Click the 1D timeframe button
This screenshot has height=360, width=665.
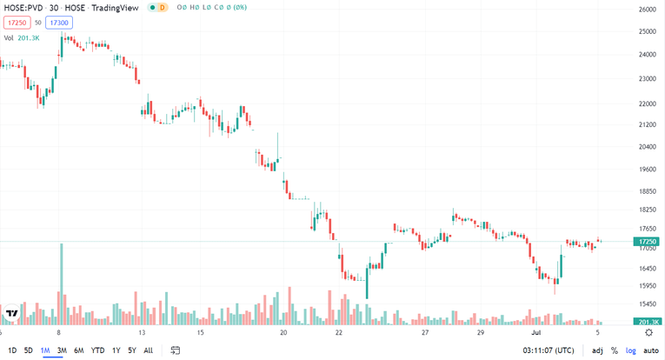point(12,350)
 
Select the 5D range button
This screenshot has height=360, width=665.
point(29,350)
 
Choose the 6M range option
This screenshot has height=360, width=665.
point(78,350)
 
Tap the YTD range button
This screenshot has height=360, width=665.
point(97,350)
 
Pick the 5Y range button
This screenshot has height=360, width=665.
point(132,350)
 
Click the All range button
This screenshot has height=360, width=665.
point(148,350)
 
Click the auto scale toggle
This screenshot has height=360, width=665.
point(651,350)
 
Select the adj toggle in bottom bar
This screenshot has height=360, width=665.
point(597,350)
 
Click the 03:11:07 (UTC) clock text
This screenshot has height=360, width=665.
point(546,350)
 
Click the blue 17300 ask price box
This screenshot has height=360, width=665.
point(59,23)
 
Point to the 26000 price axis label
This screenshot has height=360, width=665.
point(647,10)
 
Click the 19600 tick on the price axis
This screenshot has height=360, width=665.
point(647,170)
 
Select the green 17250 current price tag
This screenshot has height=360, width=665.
point(647,241)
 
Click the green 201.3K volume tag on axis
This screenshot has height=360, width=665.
point(647,323)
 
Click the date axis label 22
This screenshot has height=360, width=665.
point(339,332)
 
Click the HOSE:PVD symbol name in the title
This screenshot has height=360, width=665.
point(23,8)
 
